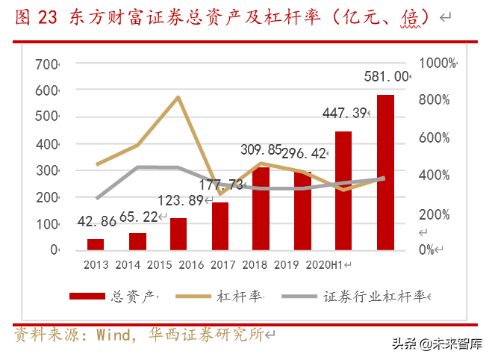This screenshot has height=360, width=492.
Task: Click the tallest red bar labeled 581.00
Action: (385, 173)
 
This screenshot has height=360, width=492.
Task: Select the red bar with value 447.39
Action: (343, 190)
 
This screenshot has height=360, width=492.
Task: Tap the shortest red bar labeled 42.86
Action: (96, 244)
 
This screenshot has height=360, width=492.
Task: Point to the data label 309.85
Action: (261, 149)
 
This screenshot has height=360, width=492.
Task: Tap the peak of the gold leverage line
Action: (178, 97)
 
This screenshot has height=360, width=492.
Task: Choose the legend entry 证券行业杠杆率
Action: (373, 297)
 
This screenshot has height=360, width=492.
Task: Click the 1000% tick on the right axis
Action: (436, 63)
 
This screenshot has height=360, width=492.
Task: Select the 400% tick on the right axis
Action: (434, 176)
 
